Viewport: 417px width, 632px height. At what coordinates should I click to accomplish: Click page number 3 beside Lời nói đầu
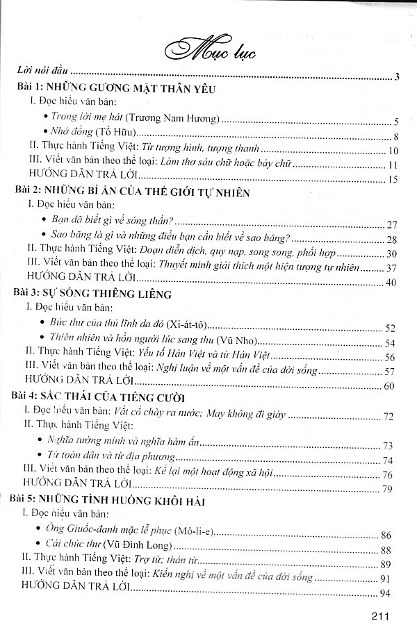pos(394,76)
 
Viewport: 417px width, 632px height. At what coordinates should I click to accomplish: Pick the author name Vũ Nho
pos(240,341)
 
